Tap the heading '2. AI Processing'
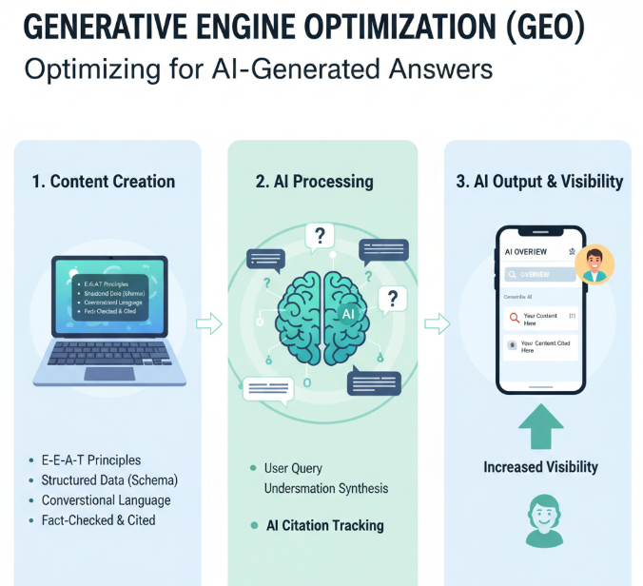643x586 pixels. tap(314, 181)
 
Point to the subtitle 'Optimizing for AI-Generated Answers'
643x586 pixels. tap(258, 70)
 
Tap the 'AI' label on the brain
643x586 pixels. tap(347, 313)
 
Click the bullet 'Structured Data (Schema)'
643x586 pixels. tap(109, 480)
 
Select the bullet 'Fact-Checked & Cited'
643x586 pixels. tap(98, 520)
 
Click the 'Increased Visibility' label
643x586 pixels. tap(540, 467)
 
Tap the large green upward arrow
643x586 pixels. tap(540, 427)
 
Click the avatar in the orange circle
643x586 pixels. tap(594, 264)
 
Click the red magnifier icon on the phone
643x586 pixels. tap(514, 318)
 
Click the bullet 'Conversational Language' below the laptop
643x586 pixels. tap(106, 500)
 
